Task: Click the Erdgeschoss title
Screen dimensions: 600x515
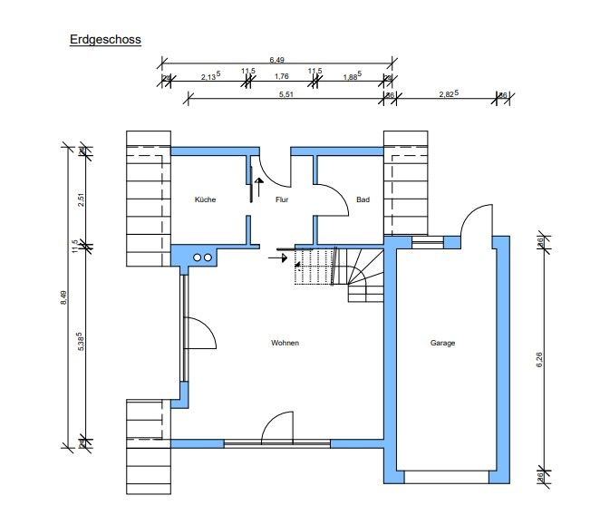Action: click(x=105, y=39)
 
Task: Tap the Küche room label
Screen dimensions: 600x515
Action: click(x=205, y=199)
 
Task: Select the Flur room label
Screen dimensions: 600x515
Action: click(x=282, y=199)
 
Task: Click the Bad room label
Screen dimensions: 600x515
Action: click(x=363, y=199)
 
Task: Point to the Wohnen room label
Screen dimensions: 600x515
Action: click(x=285, y=343)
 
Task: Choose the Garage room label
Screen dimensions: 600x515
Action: click(x=442, y=343)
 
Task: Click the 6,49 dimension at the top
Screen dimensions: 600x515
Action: click(x=276, y=60)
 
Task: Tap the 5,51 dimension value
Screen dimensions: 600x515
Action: click(x=285, y=94)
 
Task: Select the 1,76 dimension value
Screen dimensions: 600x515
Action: click(x=281, y=76)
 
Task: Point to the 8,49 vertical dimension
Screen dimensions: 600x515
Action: click(x=63, y=297)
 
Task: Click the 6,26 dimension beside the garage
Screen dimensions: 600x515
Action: click(x=539, y=360)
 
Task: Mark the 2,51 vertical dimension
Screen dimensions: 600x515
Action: click(x=81, y=199)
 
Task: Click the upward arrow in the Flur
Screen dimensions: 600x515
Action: click(x=259, y=187)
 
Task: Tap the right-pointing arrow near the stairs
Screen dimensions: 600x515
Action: click(x=278, y=258)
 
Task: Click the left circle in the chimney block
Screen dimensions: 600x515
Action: click(x=197, y=257)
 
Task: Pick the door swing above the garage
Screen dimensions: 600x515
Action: click(x=468, y=214)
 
